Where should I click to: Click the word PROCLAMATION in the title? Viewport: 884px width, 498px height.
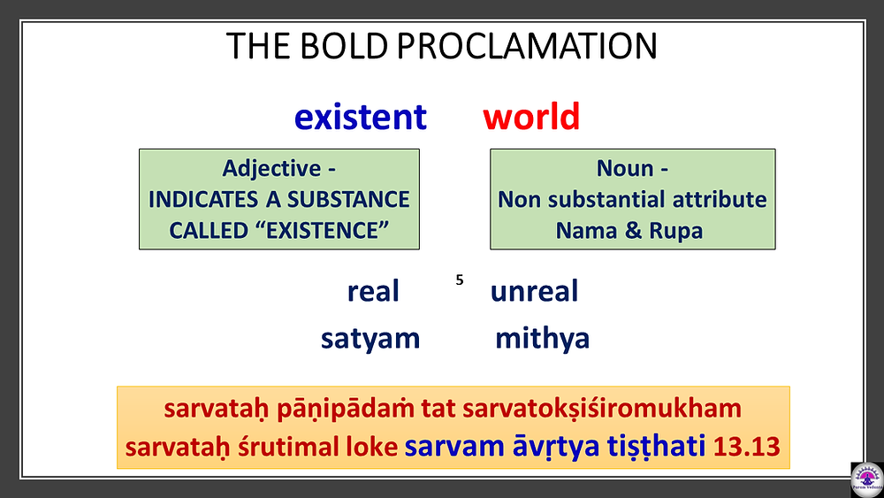coord(527,46)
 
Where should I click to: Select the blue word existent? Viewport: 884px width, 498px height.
coord(361,117)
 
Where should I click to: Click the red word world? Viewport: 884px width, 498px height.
coord(531,116)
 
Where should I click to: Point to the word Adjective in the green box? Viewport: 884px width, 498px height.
coord(271,168)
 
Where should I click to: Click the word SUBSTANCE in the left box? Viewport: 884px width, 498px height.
coord(348,199)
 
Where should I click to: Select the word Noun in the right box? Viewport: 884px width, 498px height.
coord(625,168)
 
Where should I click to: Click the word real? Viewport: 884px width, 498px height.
coord(373,291)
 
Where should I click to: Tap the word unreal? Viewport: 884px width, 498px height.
coord(534,291)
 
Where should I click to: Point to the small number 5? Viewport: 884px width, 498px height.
coord(460,280)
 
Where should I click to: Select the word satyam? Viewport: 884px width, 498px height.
coord(370,339)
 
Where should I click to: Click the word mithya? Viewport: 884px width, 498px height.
coord(543,339)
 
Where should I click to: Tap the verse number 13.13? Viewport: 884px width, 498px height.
coord(746,447)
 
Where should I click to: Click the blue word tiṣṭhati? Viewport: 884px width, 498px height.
coord(656,446)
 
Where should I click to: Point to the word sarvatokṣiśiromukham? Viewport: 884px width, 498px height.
coord(601,409)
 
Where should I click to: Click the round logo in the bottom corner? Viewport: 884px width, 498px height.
coord(867,479)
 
